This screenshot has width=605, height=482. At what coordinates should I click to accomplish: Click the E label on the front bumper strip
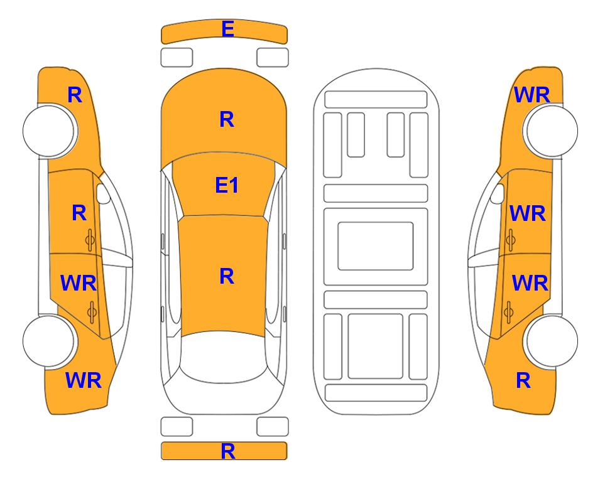pyautogui.click(x=227, y=29)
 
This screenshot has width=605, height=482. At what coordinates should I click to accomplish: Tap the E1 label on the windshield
pyautogui.click(x=227, y=185)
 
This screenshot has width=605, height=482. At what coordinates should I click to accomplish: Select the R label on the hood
pyautogui.click(x=227, y=119)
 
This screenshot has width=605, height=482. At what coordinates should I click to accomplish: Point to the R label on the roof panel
pyautogui.click(x=227, y=276)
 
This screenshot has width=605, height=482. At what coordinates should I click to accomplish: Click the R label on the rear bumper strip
pyautogui.click(x=228, y=451)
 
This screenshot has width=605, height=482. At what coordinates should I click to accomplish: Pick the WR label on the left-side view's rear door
pyautogui.click(x=79, y=283)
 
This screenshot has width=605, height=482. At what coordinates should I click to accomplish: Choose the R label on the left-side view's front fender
pyautogui.click(x=75, y=95)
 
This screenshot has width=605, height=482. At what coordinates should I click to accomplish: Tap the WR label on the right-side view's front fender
pyautogui.click(x=531, y=95)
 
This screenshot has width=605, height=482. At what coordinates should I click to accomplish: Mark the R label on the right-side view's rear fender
pyautogui.click(x=523, y=380)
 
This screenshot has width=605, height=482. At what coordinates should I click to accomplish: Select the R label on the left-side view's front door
pyautogui.click(x=79, y=213)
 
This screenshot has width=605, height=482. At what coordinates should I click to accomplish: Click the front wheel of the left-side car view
pyautogui.click(x=49, y=131)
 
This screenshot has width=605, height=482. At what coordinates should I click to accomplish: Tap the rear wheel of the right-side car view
pyautogui.click(x=552, y=341)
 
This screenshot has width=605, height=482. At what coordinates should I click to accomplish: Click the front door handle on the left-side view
pyautogui.click(x=90, y=240)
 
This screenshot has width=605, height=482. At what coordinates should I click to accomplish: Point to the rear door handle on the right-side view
pyautogui.click(x=509, y=313)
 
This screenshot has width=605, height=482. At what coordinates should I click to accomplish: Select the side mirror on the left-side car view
pyautogui.click(x=102, y=193)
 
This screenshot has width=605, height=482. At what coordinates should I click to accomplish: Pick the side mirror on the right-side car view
pyautogui.click(x=498, y=193)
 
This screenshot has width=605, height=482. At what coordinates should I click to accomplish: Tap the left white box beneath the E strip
pyautogui.click(x=177, y=58)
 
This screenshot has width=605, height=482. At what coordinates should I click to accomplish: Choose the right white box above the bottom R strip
pyautogui.click(x=273, y=427)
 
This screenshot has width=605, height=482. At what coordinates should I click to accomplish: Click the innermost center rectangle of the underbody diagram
pyautogui.click(x=376, y=246)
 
